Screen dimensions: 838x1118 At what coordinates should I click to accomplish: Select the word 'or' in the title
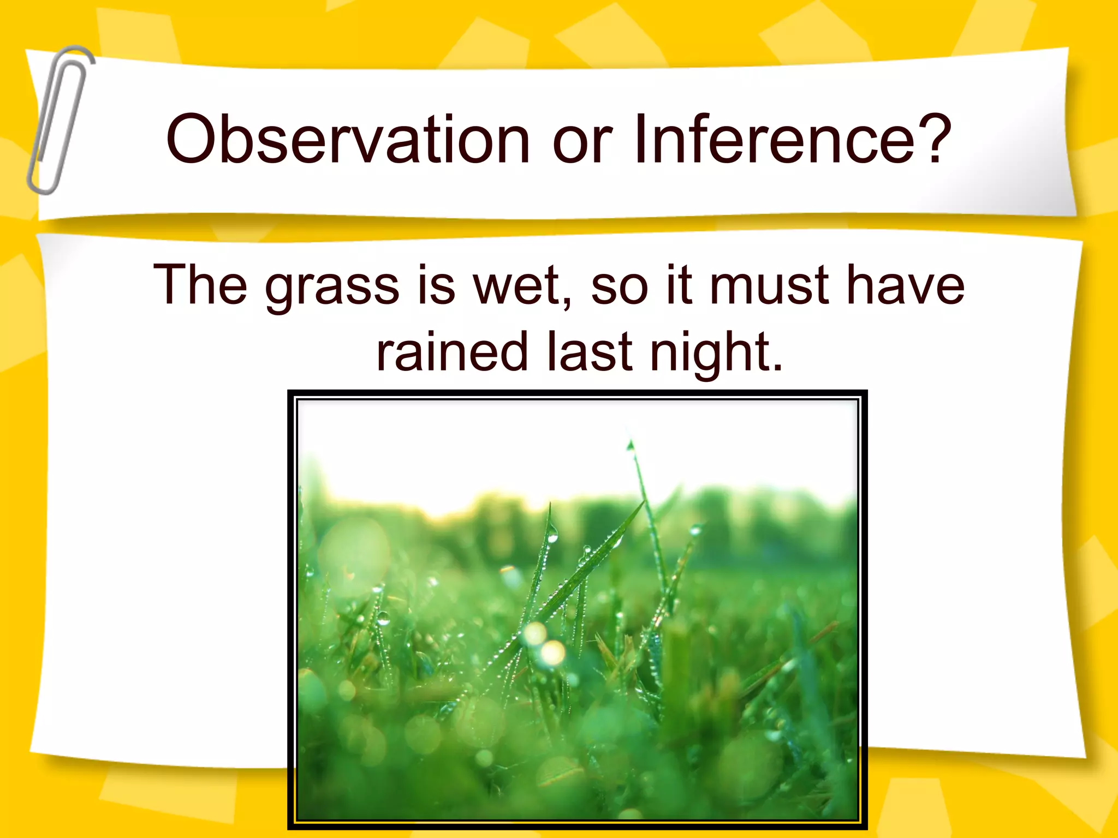point(582,143)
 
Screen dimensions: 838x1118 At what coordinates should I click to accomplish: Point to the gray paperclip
point(60,120)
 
